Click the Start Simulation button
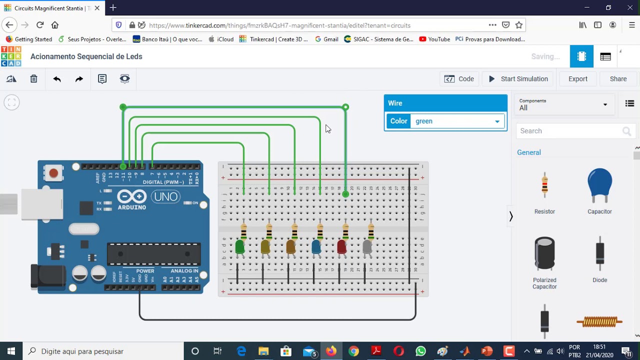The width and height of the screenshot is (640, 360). point(518,79)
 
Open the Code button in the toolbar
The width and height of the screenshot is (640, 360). point(459,79)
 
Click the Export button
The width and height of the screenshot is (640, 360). point(577,79)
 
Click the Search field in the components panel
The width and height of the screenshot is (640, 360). point(570,131)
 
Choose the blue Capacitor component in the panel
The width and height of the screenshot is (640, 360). point(599,185)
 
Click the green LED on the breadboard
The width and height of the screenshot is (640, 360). point(240,246)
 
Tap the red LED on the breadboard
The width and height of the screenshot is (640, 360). point(342,246)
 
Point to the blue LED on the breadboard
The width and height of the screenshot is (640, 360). point(316,246)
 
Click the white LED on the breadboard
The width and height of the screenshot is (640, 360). point(367,246)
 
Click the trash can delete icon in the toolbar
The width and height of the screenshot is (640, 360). point(33,79)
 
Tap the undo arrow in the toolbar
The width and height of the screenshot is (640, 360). point(57,79)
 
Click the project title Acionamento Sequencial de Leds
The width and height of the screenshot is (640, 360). point(86,56)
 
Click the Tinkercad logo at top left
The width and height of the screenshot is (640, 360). point(11,56)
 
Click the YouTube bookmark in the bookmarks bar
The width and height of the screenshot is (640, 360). point(434,39)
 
